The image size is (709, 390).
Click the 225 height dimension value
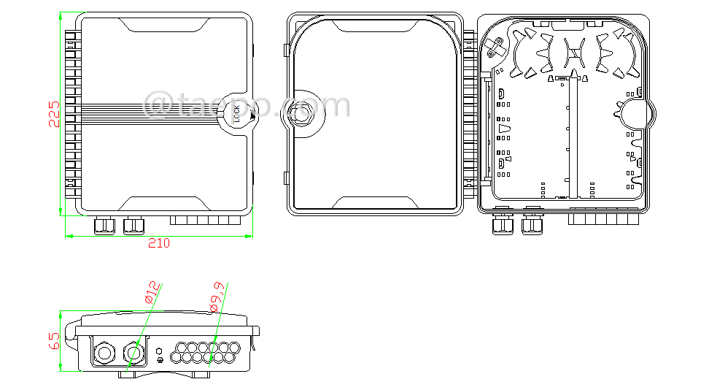coord(54,114)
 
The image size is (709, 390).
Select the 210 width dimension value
coord(158,243)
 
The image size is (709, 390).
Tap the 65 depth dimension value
coord(54,340)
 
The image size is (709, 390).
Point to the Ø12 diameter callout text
coord(151,291)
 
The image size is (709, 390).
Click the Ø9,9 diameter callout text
coord(217,297)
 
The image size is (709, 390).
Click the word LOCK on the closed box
coord(236,112)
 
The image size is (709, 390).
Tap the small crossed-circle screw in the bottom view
coord(160,361)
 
